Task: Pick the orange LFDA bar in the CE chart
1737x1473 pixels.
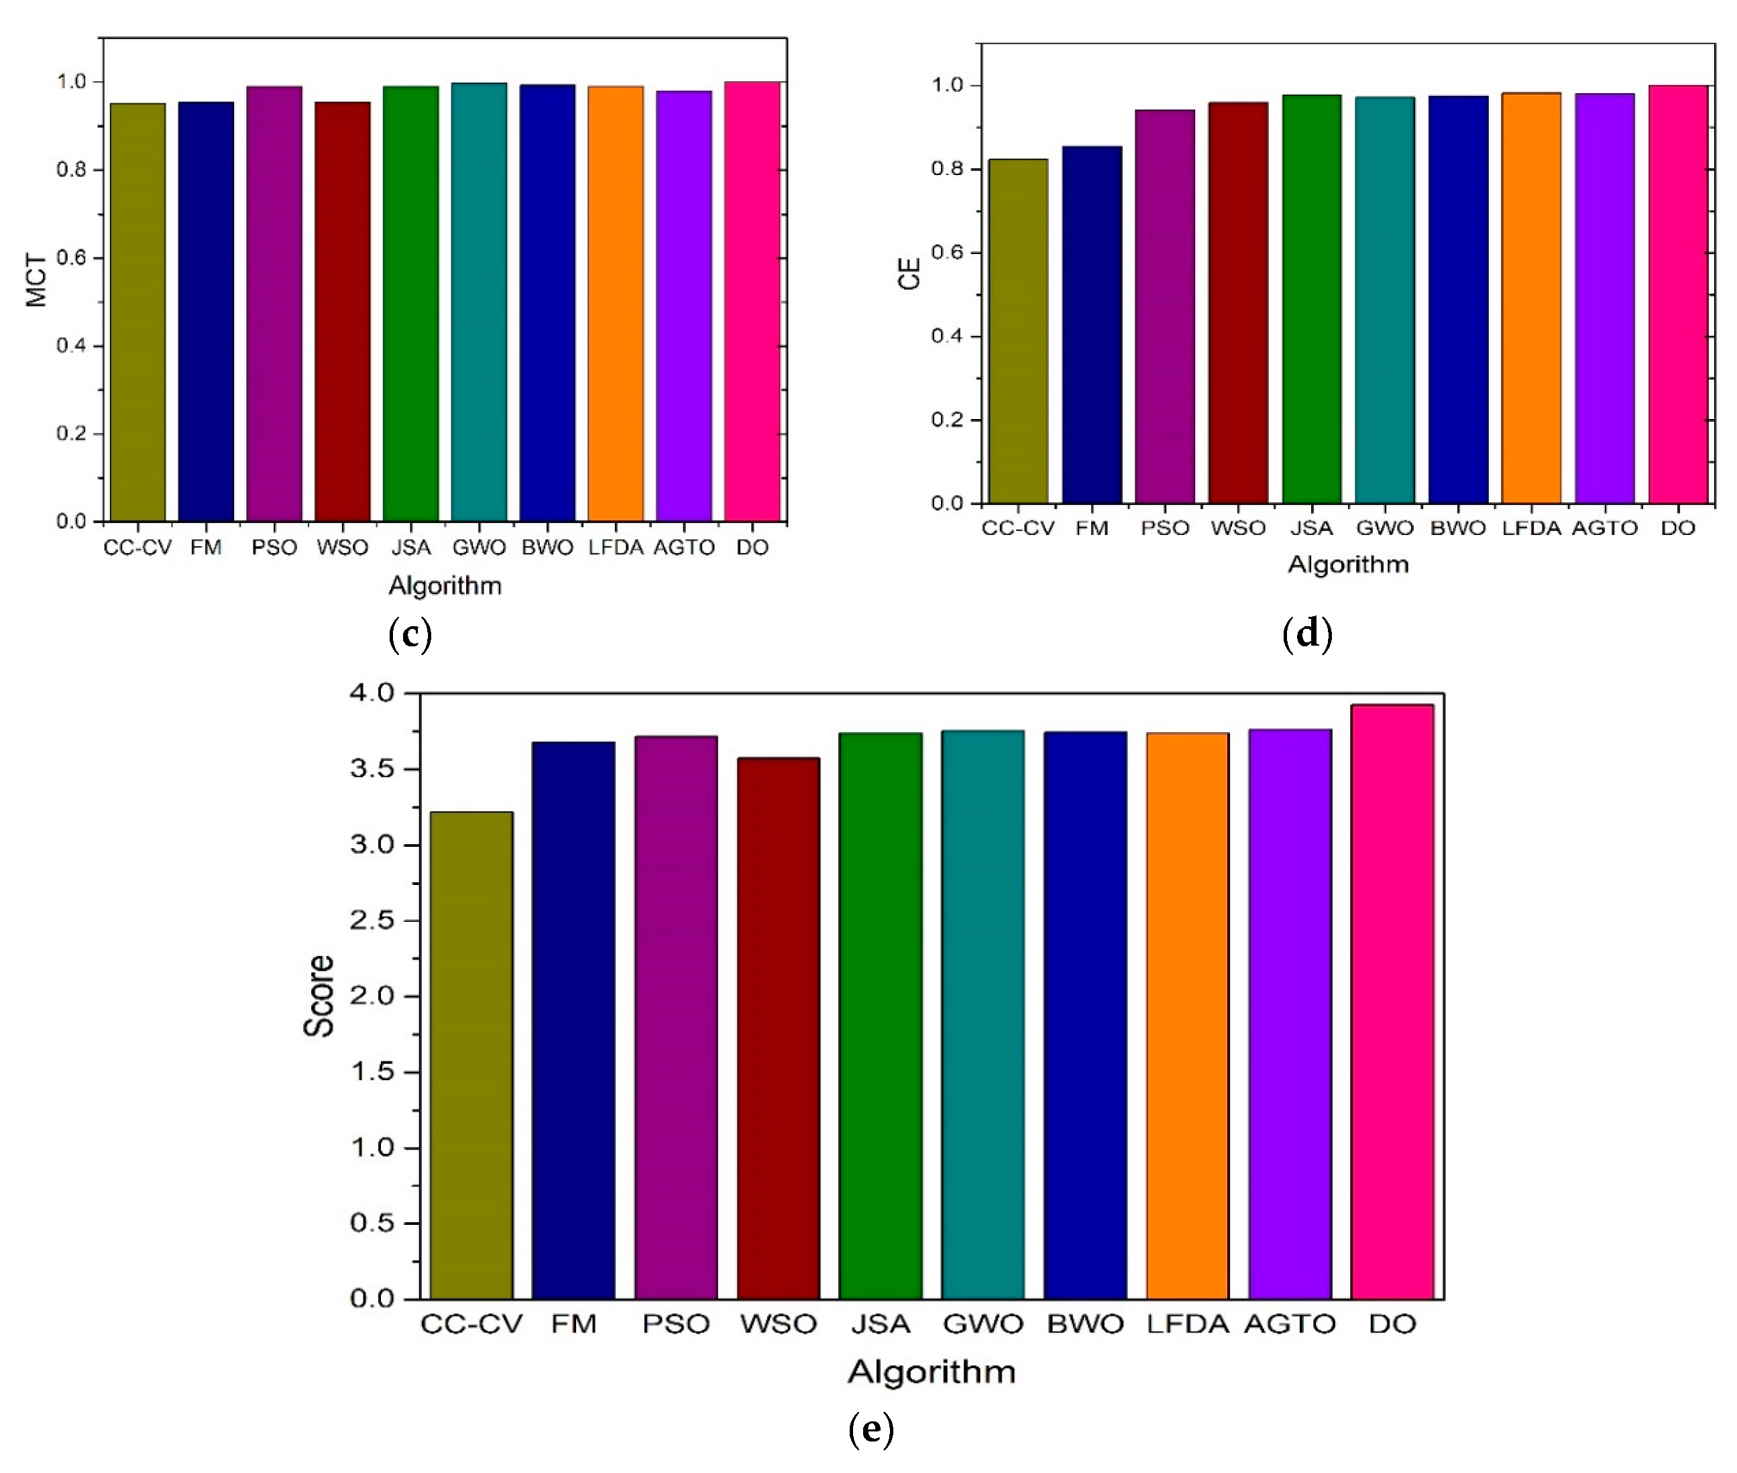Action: click(1530, 298)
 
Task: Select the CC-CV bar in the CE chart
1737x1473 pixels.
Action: click(1018, 331)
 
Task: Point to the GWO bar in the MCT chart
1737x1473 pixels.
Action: click(478, 302)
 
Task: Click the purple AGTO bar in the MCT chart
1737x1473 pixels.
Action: click(683, 306)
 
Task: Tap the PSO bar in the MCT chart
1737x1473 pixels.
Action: click(274, 304)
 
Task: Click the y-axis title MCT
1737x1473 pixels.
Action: click(36, 280)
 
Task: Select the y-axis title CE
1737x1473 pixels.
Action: click(909, 273)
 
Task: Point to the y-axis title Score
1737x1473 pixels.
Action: click(318, 996)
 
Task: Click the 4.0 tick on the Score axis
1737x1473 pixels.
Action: click(372, 693)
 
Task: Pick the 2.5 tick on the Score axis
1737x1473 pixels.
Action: click(372, 921)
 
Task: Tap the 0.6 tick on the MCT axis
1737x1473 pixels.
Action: click(71, 258)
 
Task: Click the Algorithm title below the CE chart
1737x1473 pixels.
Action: click(1348, 565)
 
